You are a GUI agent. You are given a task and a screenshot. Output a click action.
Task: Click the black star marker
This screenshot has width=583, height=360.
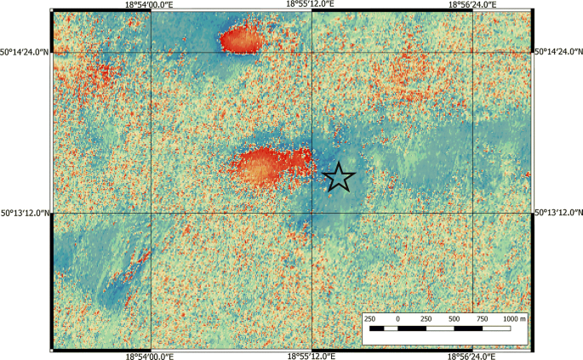(339, 177)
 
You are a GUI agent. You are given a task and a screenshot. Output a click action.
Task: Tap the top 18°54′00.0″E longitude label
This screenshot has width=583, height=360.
(151, 5)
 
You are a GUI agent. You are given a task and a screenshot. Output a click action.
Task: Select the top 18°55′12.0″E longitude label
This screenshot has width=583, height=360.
(312, 5)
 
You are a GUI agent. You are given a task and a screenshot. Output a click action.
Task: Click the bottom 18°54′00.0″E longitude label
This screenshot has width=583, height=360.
(151, 355)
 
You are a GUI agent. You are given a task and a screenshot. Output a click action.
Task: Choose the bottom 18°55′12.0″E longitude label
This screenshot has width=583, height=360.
(312, 355)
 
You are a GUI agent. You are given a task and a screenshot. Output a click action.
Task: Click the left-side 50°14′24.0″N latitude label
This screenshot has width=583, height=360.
(26, 52)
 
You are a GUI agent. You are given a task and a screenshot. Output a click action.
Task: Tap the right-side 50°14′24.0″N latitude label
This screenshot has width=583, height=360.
(557, 52)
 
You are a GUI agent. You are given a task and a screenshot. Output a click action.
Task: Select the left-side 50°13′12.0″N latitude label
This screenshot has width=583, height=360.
(26, 213)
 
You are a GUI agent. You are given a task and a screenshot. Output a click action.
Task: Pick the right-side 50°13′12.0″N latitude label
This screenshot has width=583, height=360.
(557, 213)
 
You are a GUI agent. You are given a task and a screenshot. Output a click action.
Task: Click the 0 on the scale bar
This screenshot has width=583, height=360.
(397, 318)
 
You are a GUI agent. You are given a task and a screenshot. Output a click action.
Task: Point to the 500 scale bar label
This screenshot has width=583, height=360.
(454, 318)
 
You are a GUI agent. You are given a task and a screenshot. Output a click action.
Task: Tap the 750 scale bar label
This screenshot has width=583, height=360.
(482, 318)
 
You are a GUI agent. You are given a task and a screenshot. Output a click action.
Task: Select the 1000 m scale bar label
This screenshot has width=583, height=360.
(513, 318)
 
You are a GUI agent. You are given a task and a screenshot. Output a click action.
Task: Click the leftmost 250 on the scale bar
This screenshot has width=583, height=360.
(370, 318)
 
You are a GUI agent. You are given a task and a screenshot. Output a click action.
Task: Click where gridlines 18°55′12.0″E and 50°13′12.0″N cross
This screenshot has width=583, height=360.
(312, 213)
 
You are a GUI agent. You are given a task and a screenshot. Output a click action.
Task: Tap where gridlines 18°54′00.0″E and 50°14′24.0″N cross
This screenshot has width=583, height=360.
(151, 52)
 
